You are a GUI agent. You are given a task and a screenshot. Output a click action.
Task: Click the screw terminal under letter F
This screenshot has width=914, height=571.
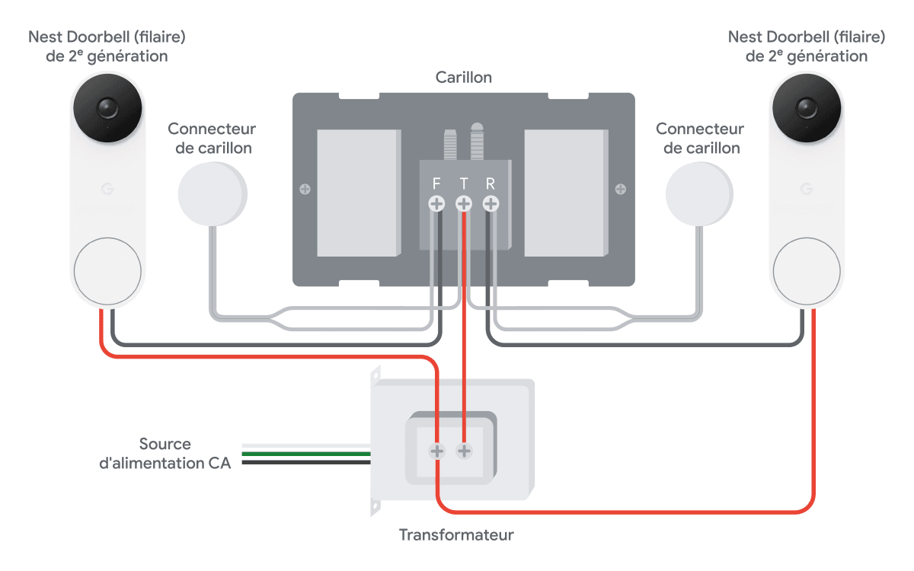point(436,203)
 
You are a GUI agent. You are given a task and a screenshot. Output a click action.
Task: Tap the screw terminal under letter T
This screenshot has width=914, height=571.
point(464,203)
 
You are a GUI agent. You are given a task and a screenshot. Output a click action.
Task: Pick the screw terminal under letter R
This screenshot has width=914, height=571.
point(491,203)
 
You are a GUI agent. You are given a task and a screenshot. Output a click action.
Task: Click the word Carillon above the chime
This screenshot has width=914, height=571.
point(464,77)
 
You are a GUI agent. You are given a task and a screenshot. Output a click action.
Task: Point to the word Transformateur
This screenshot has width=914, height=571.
point(456,534)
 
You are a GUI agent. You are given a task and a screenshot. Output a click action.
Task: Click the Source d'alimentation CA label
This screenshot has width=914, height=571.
point(165,454)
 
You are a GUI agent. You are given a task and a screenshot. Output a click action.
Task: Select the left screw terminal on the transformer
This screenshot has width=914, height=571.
point(436,451)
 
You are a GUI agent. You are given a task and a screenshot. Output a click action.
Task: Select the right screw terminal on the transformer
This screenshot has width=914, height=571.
point(464,451)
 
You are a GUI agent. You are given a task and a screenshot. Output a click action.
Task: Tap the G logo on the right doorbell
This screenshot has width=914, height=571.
point(807,189)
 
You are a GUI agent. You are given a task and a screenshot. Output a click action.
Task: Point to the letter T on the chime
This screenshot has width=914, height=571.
point(464,183)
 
